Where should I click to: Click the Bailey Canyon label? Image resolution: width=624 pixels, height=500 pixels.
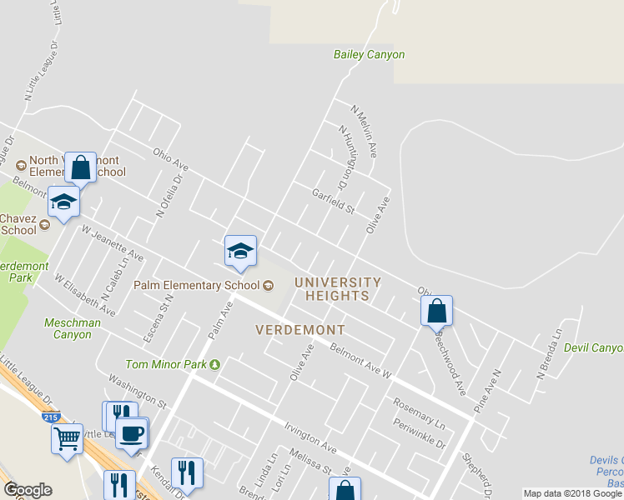click(x=369, y=55)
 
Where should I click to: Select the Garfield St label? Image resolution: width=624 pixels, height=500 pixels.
click(x=333, y=200)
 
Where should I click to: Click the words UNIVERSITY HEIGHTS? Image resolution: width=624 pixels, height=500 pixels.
click(x=337, y=289)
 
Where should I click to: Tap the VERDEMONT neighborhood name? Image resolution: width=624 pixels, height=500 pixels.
click(x=300, y=329)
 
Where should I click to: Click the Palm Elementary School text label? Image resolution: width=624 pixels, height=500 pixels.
click(x=197, y=285)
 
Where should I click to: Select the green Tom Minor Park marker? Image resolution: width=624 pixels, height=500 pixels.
click(x=214, y=364)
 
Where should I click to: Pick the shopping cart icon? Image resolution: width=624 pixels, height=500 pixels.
click(x=67, y=437)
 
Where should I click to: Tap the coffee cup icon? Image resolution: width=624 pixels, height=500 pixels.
click(x=132, y=433)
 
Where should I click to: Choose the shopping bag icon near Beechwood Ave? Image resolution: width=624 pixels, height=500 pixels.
click(x=436, y=311)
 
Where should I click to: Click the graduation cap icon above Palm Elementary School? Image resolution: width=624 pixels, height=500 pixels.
click(x=240, y=251)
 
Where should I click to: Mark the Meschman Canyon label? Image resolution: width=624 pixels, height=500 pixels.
click(x=73, y=328)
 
